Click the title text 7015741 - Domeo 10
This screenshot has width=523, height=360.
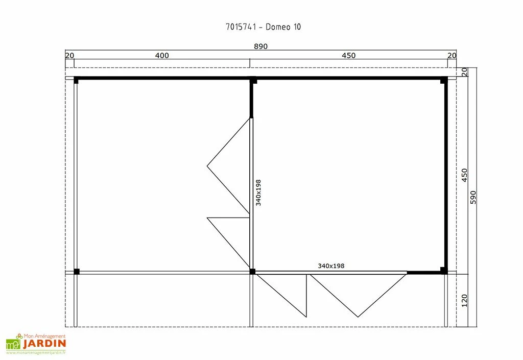tap(263, 27)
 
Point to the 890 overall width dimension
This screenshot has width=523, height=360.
tap(260, 46)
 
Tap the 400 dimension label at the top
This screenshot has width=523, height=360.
tap(162, 55)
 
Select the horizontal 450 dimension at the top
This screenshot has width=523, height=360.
tap(348, 55)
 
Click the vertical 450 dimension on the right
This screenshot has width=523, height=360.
tap(465, 175)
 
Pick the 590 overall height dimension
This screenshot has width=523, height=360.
tap(473, 197)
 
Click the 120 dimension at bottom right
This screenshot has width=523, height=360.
tap(465, 300)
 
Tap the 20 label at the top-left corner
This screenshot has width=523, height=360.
tap(69, 55)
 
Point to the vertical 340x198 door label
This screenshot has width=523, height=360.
tap(258, 193)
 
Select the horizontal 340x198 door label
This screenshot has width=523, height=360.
tap(331, 266)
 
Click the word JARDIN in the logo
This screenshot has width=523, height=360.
tap(44, 343)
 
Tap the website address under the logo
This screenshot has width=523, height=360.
tap(36, 352)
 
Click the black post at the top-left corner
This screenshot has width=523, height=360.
tap(76, 80)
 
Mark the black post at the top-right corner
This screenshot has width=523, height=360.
tap(444, 80)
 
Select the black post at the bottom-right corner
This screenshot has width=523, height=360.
tap(444, 270)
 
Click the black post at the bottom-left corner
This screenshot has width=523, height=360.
tap(77, 271)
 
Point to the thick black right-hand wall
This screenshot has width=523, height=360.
tap(445, 175)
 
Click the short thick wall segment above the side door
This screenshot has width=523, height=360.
tap(251, 99)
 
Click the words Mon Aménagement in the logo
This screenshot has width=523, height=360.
tap(44, 336)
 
